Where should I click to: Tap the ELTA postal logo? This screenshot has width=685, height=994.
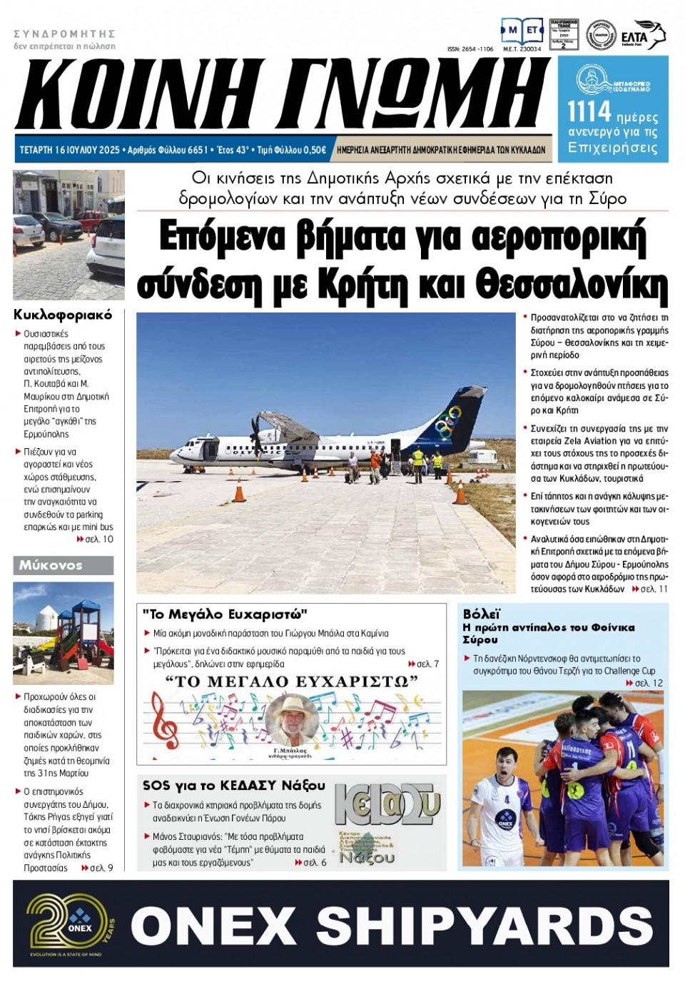[x=642, y=36]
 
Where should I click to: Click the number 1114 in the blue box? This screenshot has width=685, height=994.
[x=589, y=113]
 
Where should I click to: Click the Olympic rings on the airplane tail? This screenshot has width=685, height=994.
[x=450, y=425]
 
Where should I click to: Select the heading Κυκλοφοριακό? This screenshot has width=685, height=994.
[x=63, y=315]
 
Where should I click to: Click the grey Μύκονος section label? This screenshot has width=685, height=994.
[x=63, y=565]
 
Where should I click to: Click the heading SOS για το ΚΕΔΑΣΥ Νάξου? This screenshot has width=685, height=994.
[x=233, y=785]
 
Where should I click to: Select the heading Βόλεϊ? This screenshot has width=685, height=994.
[x=482, y=614]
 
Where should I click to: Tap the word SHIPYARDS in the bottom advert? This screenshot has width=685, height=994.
[x=484, y=926]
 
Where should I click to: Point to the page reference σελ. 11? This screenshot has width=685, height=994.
[x=654, y=589]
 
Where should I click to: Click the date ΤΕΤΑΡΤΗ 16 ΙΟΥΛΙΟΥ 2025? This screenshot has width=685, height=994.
[x=69, y=150]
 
